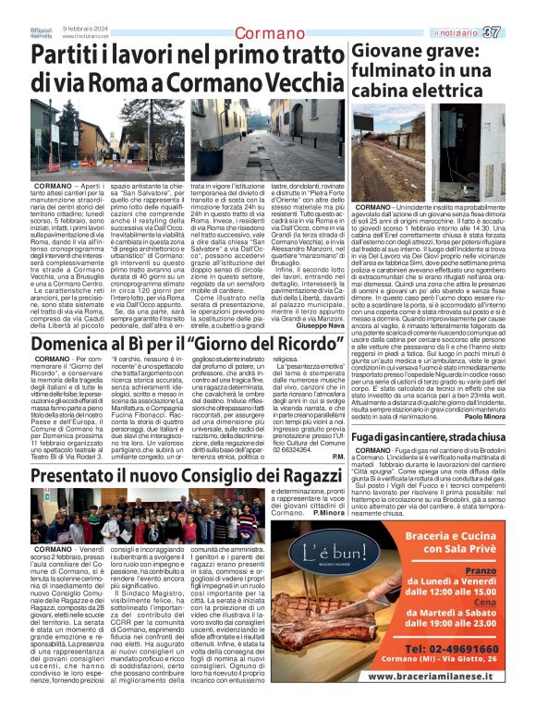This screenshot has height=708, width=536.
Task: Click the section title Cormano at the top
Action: click(x=267, y=34)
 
